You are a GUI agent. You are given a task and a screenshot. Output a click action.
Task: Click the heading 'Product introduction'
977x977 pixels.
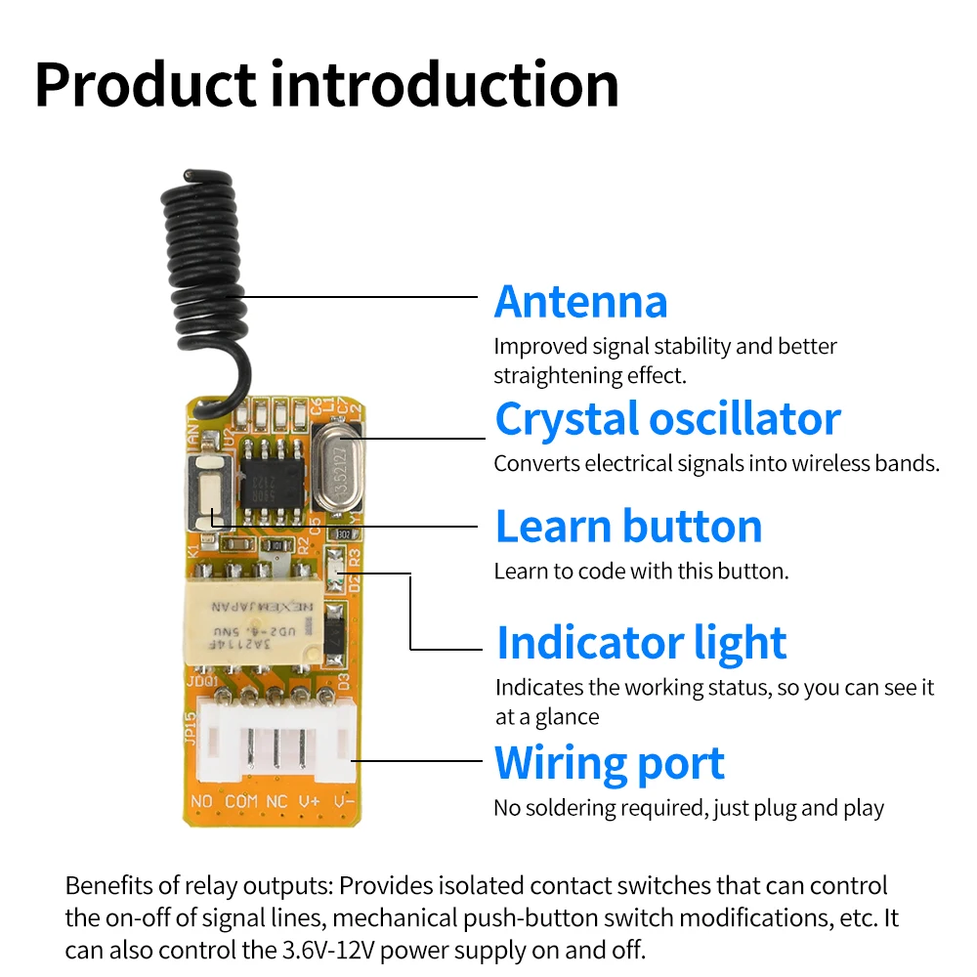(326, 85)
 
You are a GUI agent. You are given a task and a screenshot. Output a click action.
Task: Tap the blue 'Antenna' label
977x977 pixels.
(580, 301)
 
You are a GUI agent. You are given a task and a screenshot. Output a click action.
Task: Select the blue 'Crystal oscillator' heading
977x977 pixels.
(667, 419)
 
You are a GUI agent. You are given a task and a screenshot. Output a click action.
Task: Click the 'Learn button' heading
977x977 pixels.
(628, 527)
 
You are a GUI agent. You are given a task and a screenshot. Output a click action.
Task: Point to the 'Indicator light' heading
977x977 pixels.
(641, 644)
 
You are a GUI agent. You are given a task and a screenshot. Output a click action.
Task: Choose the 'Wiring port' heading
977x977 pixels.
(610, 764)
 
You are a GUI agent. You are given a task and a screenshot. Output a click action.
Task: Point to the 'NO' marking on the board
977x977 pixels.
(202, 802)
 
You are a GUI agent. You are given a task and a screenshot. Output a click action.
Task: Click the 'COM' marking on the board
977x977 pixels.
(241, 802)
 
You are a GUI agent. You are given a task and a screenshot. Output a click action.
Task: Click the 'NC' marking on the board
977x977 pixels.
(276, 802)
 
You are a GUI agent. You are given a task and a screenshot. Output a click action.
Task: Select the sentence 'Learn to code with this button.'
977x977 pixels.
(640, 572)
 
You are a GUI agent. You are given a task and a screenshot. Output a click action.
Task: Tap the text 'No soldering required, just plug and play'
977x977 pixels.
(688, 809)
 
